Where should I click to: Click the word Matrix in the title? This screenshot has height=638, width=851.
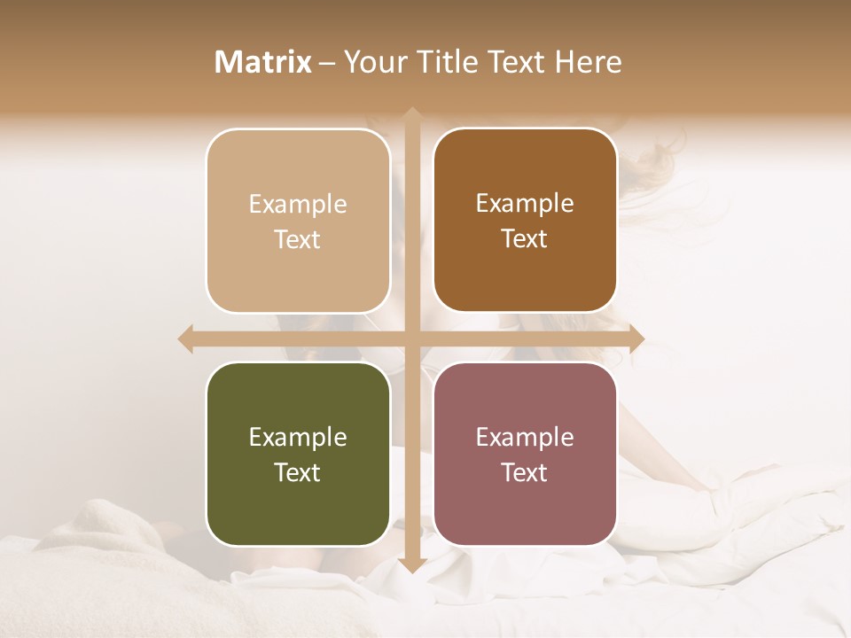[x=263, y=62]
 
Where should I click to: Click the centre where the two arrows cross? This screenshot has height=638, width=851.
[x=411, y=338]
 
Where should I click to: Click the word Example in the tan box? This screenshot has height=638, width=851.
[x=298, y=205]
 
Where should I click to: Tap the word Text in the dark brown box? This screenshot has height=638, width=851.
[x=525, y=239]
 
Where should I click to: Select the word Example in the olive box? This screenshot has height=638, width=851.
[x=298, y=438]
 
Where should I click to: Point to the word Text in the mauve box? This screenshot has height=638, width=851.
[x=525, y=472]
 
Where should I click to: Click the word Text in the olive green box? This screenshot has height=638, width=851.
[x=298, y=472]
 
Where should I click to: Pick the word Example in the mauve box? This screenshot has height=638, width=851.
[x=525, y=438]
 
